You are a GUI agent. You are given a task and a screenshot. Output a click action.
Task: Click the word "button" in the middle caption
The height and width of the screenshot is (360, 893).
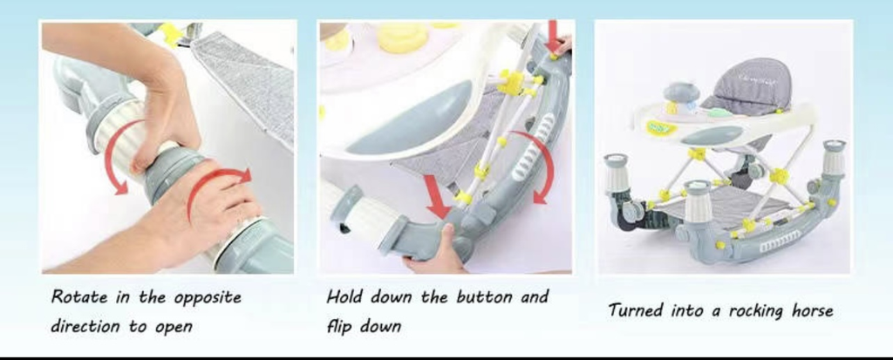pos(481,296)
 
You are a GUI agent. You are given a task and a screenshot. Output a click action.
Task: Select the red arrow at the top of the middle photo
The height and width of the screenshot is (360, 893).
pos(552,36)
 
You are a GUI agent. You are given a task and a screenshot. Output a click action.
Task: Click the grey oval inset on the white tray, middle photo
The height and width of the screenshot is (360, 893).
pos(410,119)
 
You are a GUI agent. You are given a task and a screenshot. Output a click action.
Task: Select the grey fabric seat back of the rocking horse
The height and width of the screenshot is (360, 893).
pos(746,85)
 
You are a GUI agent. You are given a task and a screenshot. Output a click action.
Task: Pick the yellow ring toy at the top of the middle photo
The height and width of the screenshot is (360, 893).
pos(403,37)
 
